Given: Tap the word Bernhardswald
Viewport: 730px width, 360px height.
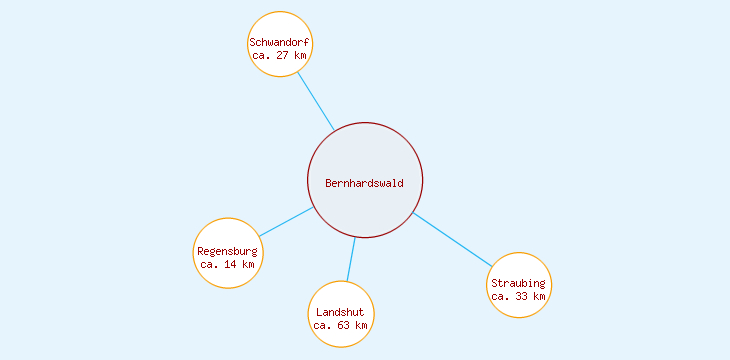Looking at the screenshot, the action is click(365, 183).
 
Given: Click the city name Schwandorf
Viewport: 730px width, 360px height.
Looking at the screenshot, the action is click(280, 43).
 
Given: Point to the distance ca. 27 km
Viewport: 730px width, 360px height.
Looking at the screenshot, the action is click(280, 56).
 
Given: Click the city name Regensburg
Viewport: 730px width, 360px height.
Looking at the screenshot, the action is click(228, 251).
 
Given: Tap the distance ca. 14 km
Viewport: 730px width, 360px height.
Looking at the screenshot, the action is click(228, 264).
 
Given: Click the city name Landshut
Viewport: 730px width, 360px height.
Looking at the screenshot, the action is click(341, 312).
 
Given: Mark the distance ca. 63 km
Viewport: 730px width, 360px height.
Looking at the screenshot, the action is click(341, 325).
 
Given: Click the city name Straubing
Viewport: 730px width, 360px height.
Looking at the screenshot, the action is click(519, 283).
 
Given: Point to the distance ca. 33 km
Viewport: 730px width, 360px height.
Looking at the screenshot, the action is click(519, 296).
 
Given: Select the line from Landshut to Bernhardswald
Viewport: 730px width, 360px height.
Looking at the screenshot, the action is click(351, 259).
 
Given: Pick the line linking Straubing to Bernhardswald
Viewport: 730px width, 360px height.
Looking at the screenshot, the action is click(452, 239).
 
